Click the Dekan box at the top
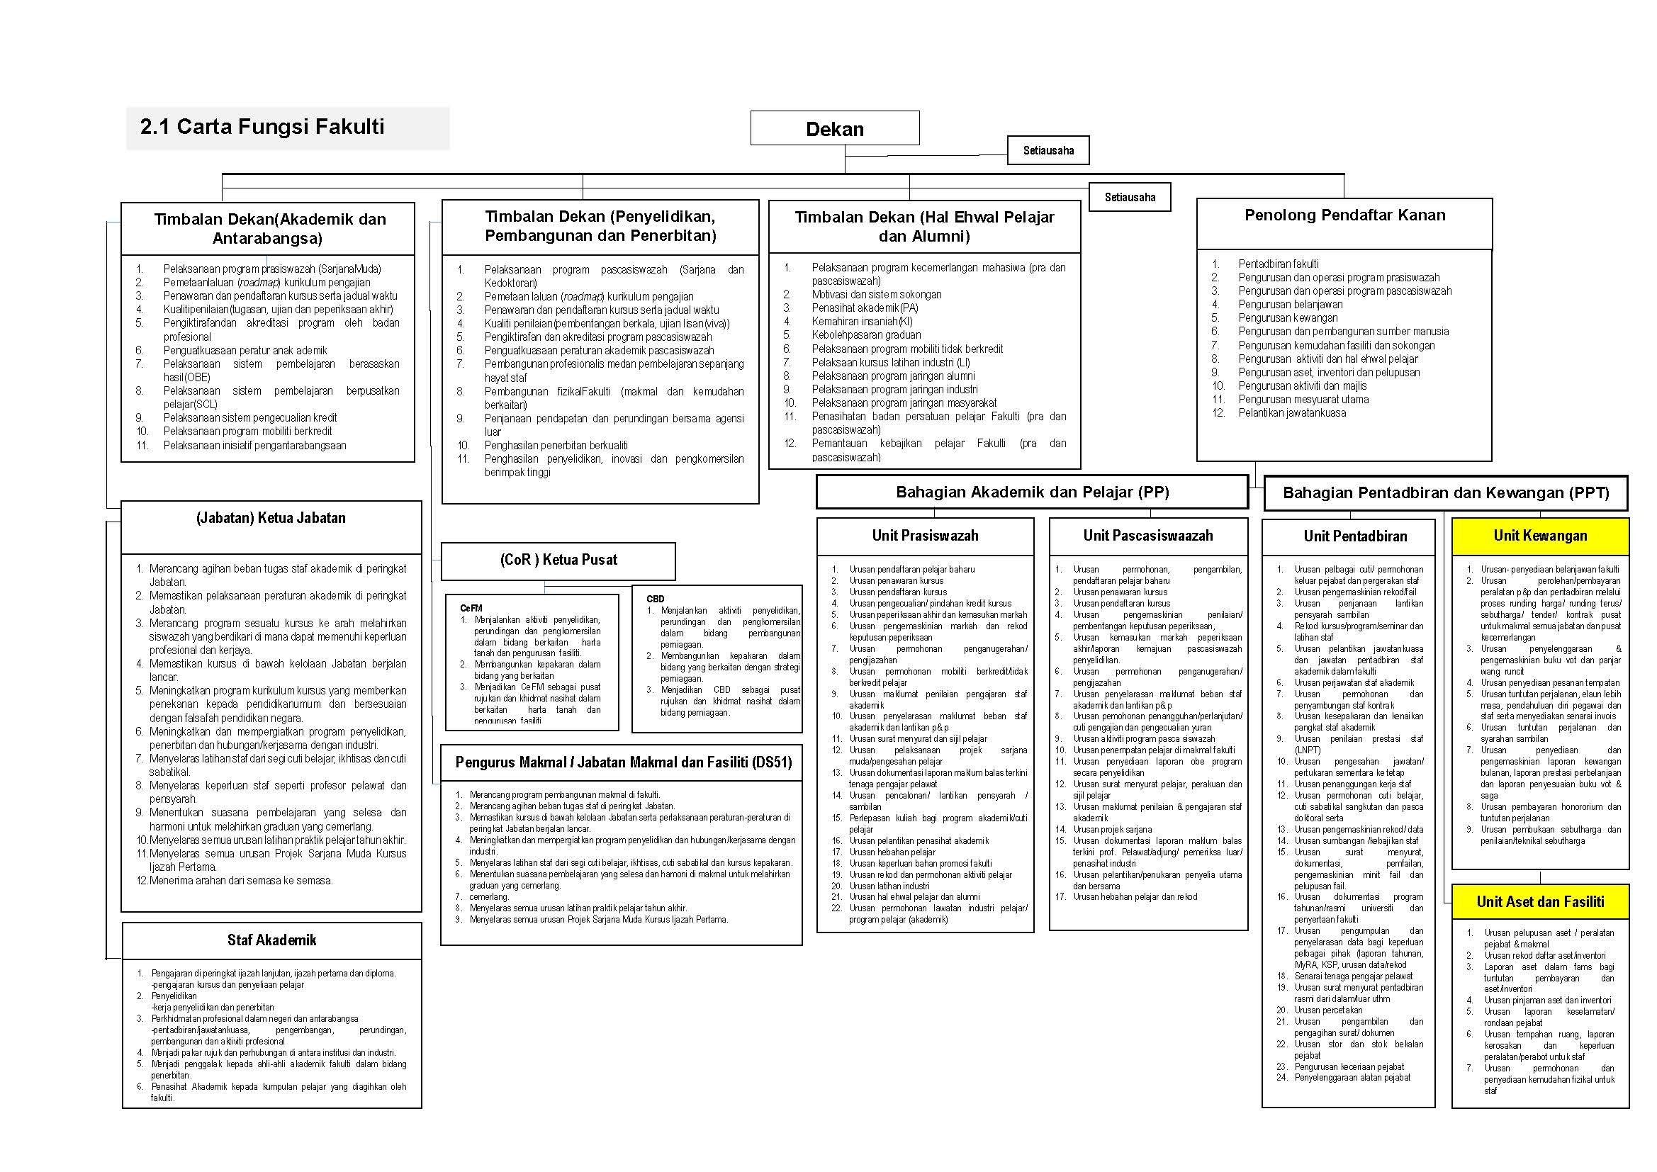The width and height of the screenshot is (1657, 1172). pos(834,128)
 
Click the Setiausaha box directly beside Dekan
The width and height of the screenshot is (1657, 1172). pos(1048,150)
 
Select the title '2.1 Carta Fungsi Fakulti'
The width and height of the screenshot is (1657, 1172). pos(262,127)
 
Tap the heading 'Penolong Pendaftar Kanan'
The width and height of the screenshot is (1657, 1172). pos(1344,215)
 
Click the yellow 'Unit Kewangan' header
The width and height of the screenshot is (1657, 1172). pos(1540,536)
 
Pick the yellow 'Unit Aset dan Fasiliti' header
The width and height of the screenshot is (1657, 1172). pos(1540,901)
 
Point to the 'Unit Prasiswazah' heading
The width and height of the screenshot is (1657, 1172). pos(925,536)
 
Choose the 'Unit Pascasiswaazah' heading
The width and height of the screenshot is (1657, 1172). pos(1147,536)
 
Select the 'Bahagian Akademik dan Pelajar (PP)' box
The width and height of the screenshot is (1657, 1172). pos(1032,492)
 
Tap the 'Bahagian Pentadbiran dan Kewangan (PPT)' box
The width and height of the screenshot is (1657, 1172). pos(1446,493)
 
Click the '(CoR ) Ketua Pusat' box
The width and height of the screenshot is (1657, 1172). pos(558,560)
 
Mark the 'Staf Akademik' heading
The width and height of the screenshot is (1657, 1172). pos(271,940)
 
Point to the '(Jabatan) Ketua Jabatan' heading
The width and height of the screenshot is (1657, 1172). pos(271,518)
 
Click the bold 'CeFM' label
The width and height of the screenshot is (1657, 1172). pos(471,609)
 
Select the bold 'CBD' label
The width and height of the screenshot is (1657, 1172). pos(656,599)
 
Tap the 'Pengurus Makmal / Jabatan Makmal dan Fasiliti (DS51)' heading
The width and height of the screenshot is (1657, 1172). pos(623,763)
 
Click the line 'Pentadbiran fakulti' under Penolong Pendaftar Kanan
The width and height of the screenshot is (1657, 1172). pos(1278,264)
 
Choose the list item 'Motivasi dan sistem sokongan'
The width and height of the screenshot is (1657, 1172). pos(876,295)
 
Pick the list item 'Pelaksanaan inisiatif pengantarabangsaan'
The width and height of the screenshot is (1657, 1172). pos(254,445)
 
